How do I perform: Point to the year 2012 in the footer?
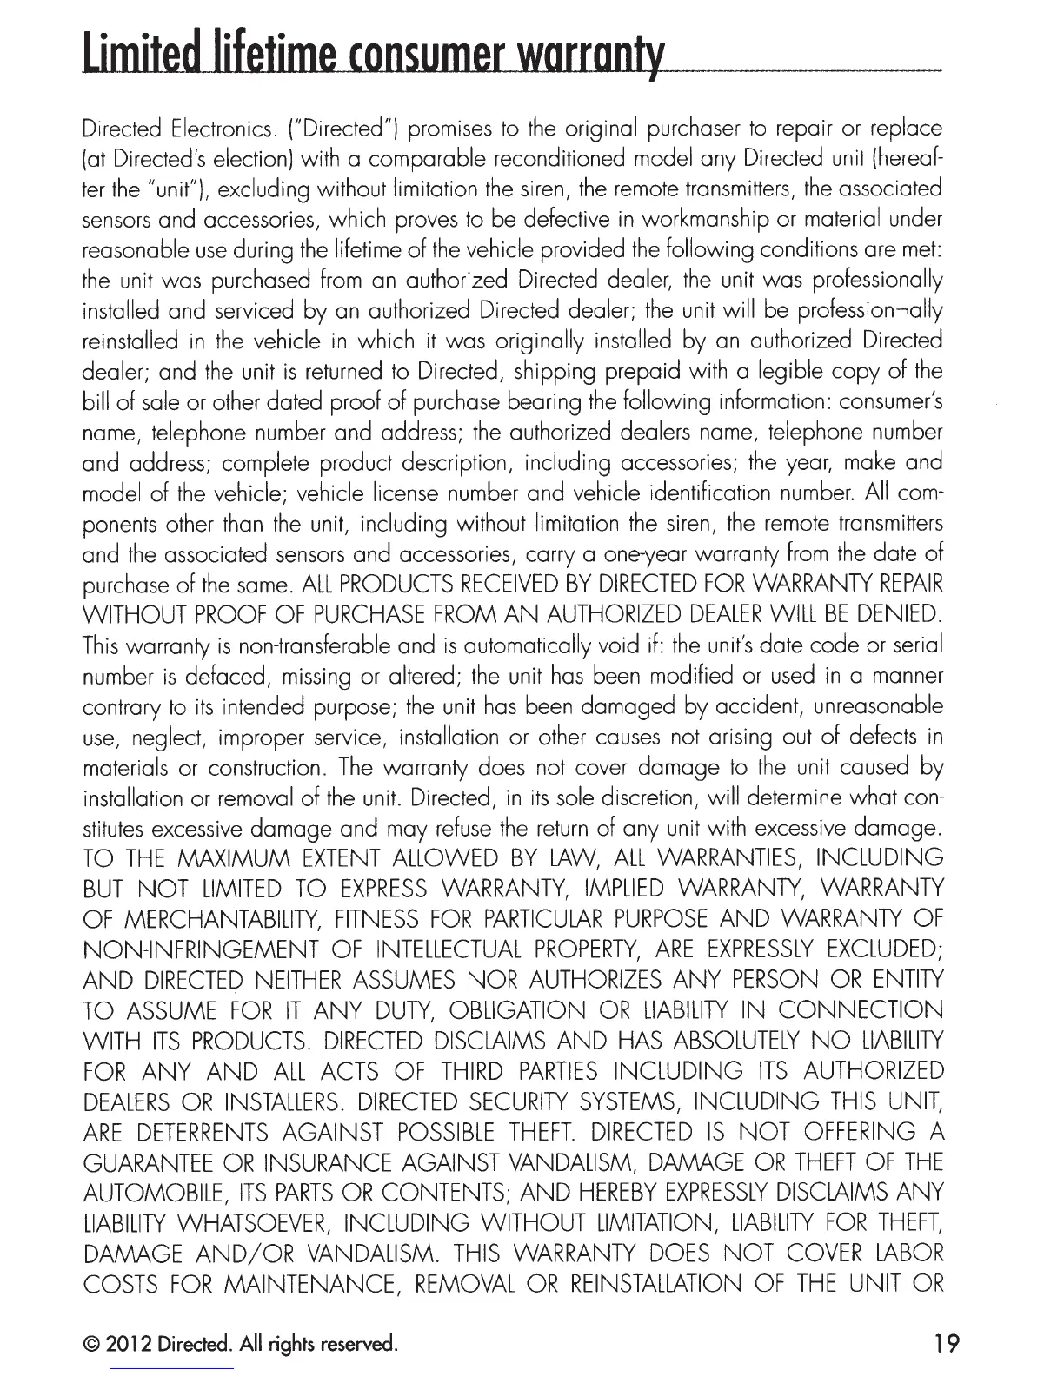125,1345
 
